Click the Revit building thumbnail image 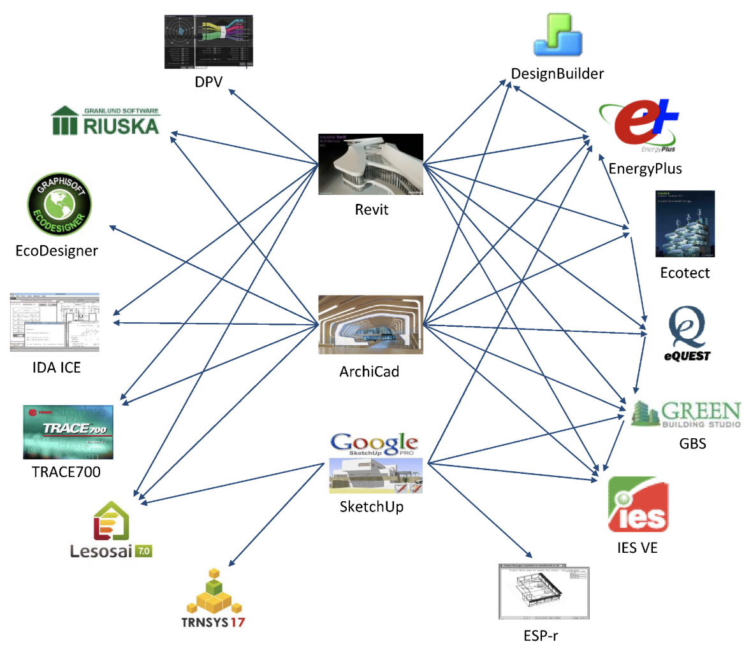370,164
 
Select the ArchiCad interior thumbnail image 370,324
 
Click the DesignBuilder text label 557,74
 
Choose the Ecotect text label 685,273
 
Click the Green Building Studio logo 686,414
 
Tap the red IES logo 638,504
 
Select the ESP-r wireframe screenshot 544,592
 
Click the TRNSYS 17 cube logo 214,599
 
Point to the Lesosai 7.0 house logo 112,530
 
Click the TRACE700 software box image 68,432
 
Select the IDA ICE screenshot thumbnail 55,322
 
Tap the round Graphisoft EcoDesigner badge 59,205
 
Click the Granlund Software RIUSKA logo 105,121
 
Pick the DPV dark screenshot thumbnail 208,41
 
